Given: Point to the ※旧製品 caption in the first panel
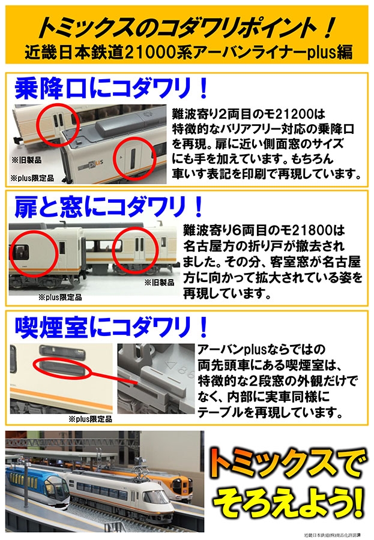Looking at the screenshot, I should (x=24, y=160).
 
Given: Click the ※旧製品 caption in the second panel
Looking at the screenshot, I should (x=159, y=282).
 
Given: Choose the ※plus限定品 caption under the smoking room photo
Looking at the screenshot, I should (x=89, y=419).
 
